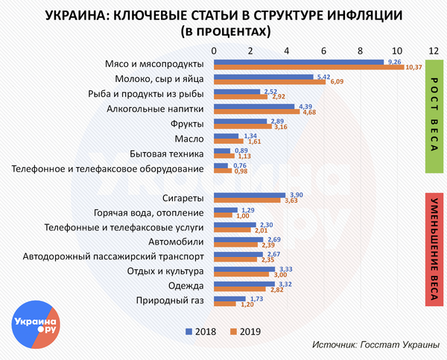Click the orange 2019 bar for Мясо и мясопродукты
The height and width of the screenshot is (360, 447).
pyautogui.click(x=308, y=68)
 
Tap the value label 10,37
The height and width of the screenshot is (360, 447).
pyautogui.click(x=413, y=68)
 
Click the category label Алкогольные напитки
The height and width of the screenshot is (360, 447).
pyautogui.click(x=156, y=109)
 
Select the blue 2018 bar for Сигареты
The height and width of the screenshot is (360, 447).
pyautogui.click(x=249, y=195)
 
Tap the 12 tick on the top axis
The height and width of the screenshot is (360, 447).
pyautogui.click(x=433, y=49)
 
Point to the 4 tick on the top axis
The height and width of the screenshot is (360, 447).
pyautogui.click(x=287, y=49)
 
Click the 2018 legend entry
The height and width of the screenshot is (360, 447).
pyautogui.click(x=202, y=330)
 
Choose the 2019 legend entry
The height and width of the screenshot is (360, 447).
pyautogui.click(x=246, y=330)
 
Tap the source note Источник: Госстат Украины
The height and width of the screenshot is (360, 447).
pyautogui.click(x=376, y=345)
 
